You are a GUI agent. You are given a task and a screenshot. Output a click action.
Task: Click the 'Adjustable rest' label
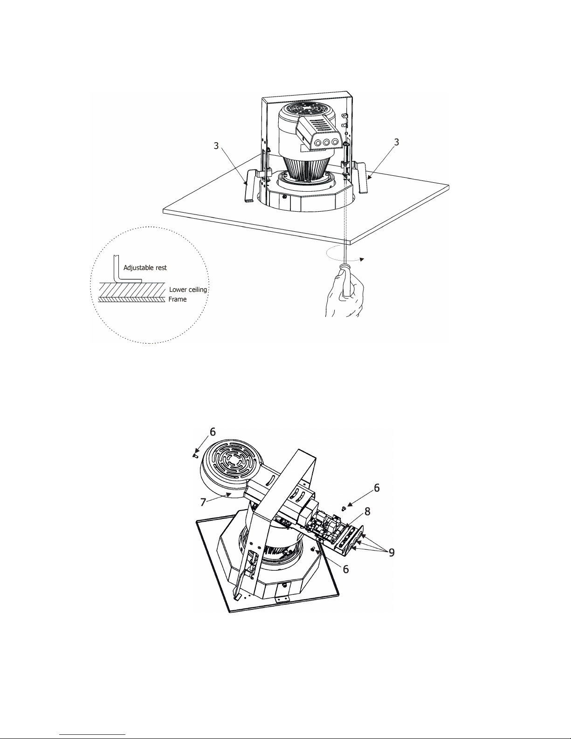(x=145, y=268)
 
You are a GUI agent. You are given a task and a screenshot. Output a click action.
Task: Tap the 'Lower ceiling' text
(x=188, y=290)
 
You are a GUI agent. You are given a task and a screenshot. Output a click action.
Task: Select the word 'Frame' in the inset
(x=178, y=299)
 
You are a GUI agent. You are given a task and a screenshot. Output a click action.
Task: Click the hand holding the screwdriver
(x=344, y=292)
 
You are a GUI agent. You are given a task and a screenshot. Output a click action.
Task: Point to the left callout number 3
(x=216, y=146)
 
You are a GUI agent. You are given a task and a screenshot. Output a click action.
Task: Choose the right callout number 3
(x=396, y=142)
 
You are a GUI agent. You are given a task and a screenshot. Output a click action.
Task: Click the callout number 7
(x=203, y=502)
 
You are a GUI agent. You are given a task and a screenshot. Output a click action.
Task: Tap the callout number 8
(x=367, y=511)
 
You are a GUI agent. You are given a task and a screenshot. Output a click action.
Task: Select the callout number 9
(x=392, y=553)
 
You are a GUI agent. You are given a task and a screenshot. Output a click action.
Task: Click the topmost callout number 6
(x=213, y=432)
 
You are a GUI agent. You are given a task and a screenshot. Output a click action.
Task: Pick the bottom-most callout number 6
(x=346, y=569)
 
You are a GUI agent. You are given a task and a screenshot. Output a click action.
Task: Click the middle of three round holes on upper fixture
(x=326, y=143)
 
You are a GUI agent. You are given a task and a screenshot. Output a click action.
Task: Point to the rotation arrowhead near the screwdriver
(x=362, y=260)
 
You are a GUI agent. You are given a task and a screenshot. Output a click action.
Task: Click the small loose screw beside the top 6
(x=195, y=455)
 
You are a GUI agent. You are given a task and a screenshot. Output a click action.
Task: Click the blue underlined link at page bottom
(x=92, y=733)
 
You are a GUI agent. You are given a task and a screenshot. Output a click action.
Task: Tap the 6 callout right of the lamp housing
(x=377, y=488)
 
